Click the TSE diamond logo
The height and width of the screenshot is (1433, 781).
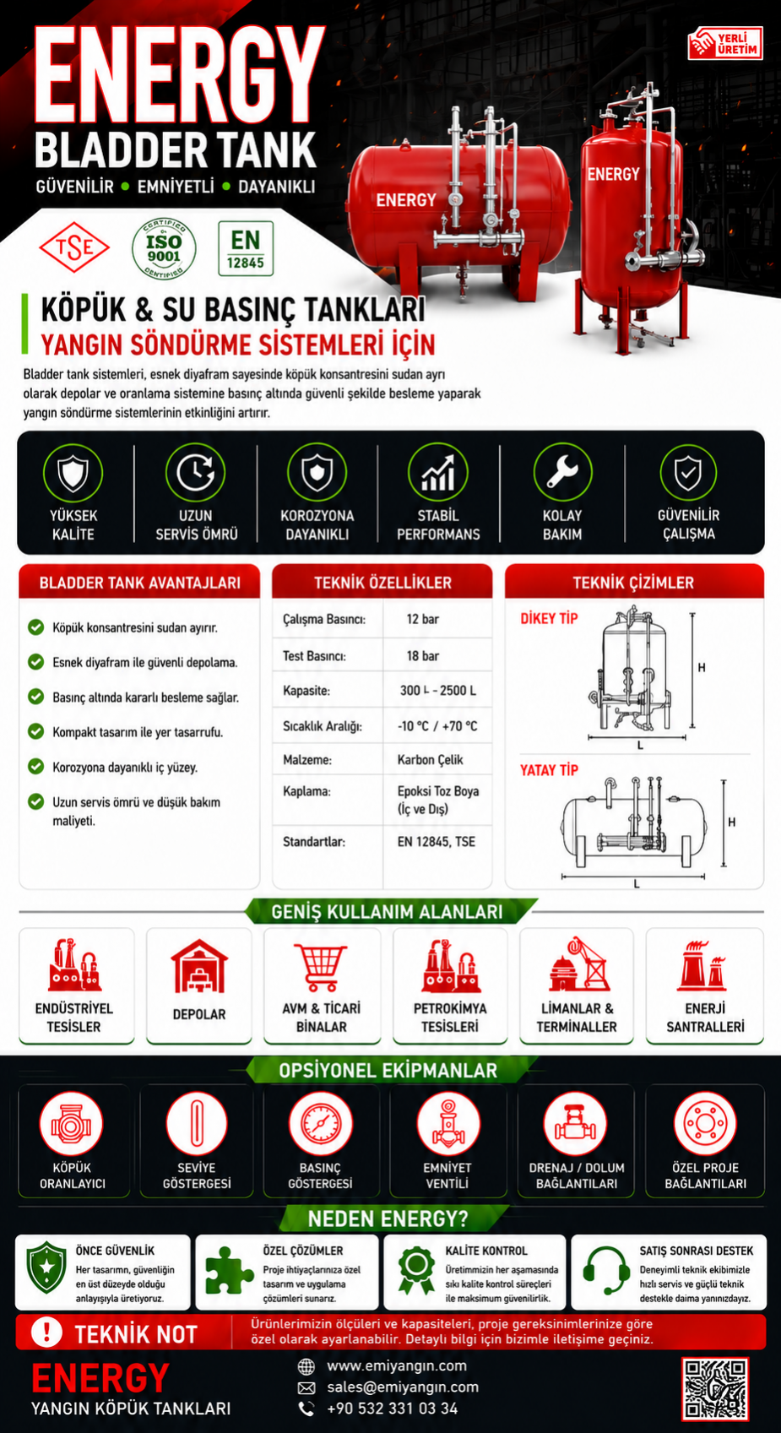coord(74,248)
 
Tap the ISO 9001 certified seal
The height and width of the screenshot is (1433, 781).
coord(164,249)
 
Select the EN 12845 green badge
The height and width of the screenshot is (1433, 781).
coord(246,248)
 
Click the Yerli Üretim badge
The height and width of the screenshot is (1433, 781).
coord(725,43)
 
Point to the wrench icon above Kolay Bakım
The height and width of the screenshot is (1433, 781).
coord(562,472)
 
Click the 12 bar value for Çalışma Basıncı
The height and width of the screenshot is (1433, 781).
coord(423,619)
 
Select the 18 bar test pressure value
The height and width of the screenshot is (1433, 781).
coord(423,656)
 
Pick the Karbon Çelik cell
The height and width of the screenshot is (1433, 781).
coord(431,760)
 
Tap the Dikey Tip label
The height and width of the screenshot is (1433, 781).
coord(549,619)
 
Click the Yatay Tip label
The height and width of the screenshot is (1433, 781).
coord(549,770)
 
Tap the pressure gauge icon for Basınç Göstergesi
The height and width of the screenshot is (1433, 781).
coord(321,1124)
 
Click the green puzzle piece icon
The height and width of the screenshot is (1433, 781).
coord(228,1271)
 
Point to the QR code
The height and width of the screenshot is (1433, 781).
coord(715,1389)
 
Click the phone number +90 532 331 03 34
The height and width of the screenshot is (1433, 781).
coord(392,1409)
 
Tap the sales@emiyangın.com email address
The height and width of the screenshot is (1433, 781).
coord(403,1387)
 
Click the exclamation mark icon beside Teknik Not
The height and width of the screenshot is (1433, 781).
coord(46,1332)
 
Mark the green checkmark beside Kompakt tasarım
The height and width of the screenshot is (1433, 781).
coord(35,731)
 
